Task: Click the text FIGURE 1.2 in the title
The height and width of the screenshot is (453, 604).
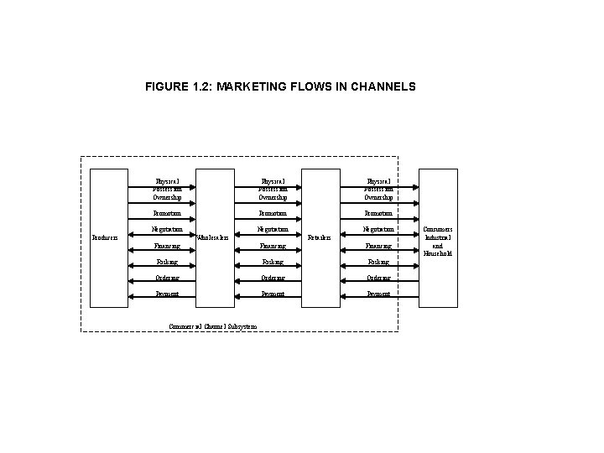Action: (x=175, y=86)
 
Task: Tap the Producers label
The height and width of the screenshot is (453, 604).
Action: (x=105, y=237)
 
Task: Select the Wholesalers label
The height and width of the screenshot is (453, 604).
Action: (x=213, y=237)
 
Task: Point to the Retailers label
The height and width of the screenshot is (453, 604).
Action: (x=320, y=237)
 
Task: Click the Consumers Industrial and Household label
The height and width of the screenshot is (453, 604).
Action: (x=437, y=241)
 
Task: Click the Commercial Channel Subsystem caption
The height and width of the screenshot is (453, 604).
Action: (x=212, y=325)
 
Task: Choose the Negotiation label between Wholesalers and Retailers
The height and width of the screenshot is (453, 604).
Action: (x=273, y=229)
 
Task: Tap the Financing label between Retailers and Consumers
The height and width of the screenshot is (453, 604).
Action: (x=378, y=246)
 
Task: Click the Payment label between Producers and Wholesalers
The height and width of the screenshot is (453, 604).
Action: (x=167, y=294)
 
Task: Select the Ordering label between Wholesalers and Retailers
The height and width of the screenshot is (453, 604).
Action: (x=273, y=278)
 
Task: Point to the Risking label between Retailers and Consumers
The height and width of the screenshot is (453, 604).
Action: (x=378, y=262)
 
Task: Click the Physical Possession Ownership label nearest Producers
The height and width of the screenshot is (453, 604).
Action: (x=168, y=189)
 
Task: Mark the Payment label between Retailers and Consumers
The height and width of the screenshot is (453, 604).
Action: (x=378, y=294)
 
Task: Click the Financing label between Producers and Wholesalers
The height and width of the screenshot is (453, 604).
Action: (x=167, y=246)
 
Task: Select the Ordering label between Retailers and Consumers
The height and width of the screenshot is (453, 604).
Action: (x=378, y=278)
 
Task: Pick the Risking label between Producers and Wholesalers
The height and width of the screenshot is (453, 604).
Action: (x=167, y=262)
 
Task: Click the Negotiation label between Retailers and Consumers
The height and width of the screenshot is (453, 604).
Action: (x=378, y=229)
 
